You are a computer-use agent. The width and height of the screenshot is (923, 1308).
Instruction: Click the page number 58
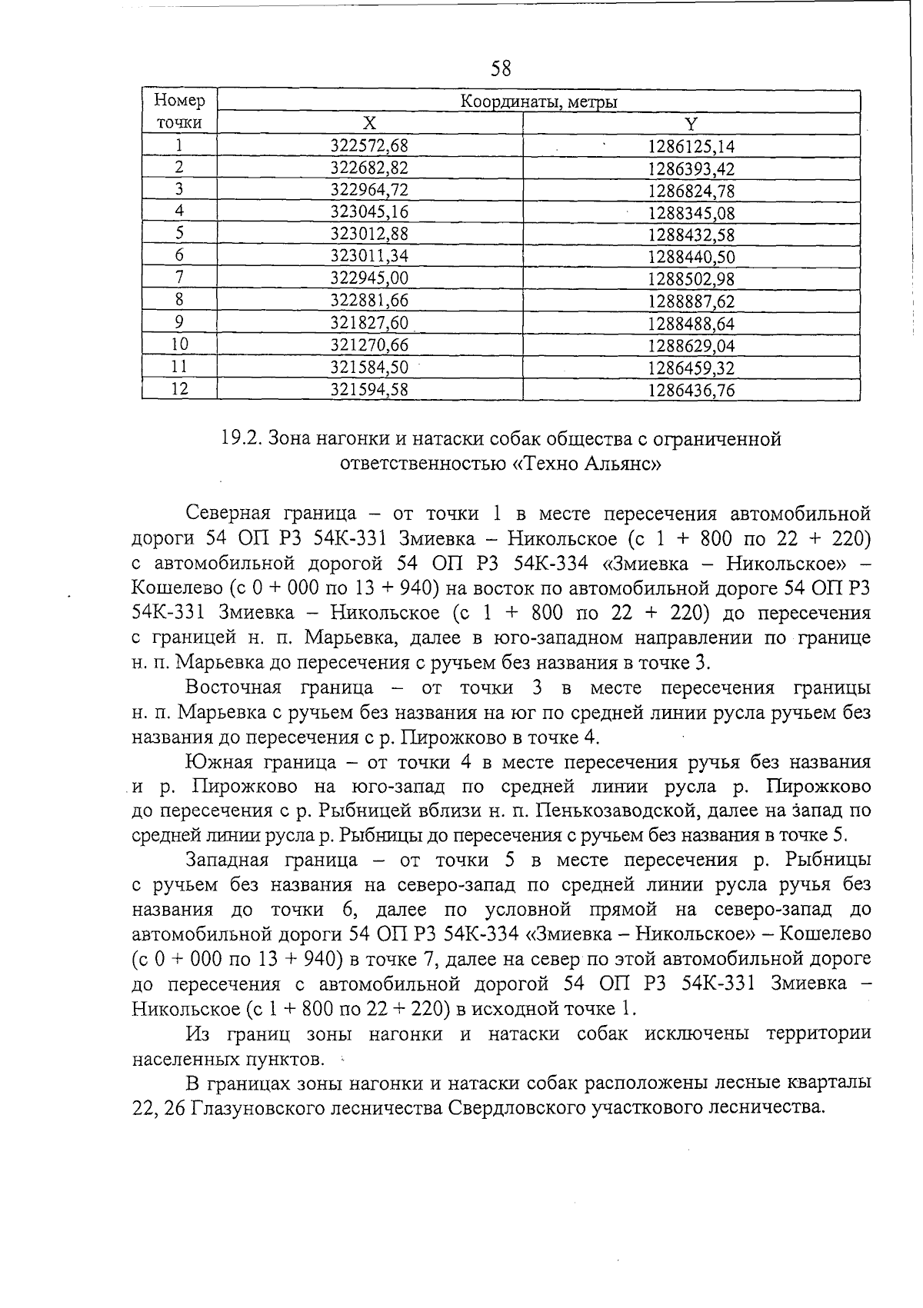501,69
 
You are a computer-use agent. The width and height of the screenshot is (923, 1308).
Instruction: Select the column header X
370,124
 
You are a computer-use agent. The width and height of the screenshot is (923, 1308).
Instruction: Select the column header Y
691,124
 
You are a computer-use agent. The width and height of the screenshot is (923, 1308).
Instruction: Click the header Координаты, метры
538,102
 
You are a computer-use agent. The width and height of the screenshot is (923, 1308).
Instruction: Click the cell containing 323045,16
369,212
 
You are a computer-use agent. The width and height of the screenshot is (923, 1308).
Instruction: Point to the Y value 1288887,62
691,301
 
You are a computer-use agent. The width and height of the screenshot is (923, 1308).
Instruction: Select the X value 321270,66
369,345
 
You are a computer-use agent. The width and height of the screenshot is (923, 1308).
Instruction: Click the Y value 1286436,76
691,391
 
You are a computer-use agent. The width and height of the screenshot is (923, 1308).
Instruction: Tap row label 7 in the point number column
179,278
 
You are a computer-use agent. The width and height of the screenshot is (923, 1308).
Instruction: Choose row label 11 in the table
179,367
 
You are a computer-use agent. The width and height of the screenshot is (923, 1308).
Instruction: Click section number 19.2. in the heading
242,439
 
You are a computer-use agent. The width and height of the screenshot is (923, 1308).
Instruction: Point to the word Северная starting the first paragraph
228,514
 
